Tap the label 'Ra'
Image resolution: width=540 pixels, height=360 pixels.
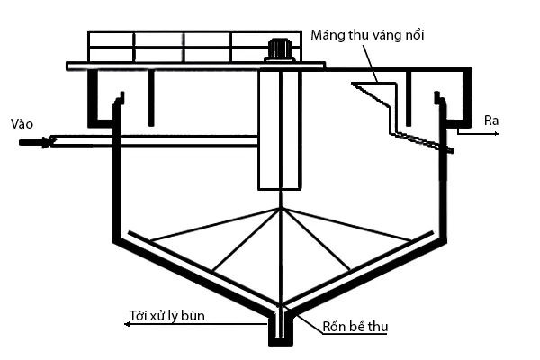pos(491,120)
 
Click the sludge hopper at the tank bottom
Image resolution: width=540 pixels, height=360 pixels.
pos(282,328)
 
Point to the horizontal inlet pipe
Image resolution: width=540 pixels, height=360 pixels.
pos(153,141)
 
